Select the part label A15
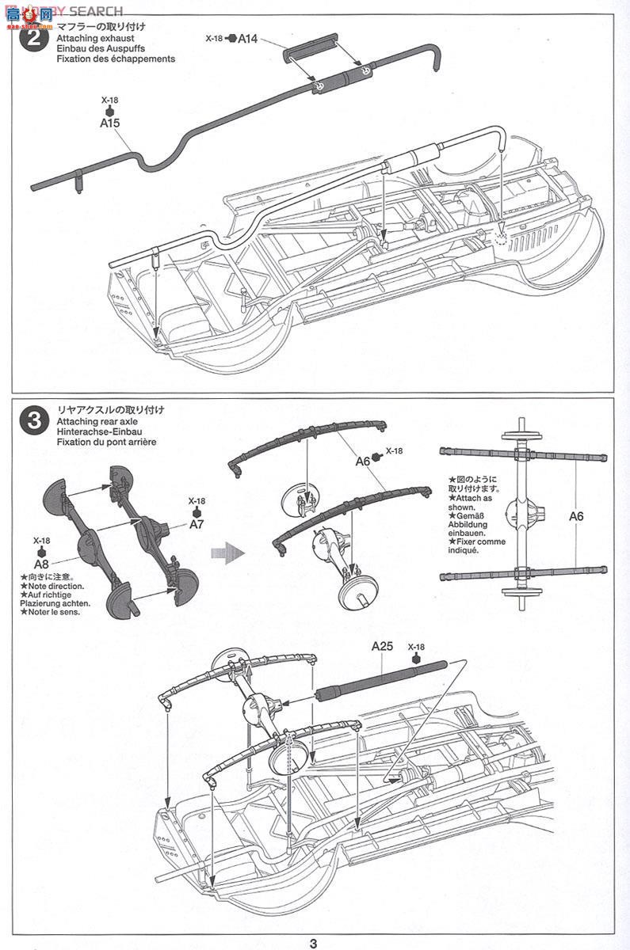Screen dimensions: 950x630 pyautogui.click(x=109, y=123)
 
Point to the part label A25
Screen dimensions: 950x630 pyautogui.click(x=383, y=646)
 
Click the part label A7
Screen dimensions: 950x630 pyautogui.click(x=197, y=524)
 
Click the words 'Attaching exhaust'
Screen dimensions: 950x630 pyautogui.click(x=95, y=38)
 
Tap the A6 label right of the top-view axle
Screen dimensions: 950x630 pyautogui.click(x=576, y=515)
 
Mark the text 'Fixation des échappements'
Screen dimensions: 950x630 pyautogui.click(x=116, y=59)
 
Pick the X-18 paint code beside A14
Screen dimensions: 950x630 pyautogui.click(x=215, y=37)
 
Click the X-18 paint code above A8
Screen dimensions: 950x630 pyautogui.click(x=42, y=542)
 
